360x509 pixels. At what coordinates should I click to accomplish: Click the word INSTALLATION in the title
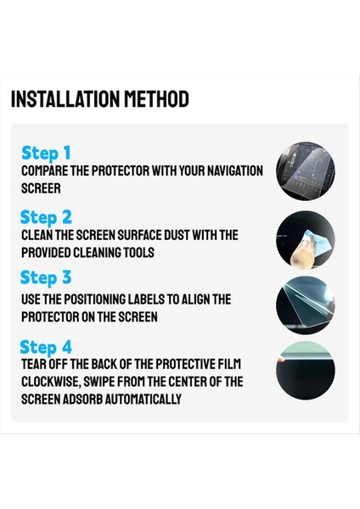[x=65, y=99]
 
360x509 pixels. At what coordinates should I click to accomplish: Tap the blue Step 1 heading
[x=46, y=154]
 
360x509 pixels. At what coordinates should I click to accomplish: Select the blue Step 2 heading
[x=46, y=217]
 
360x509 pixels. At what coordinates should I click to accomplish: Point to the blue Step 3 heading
[x=46, y=278]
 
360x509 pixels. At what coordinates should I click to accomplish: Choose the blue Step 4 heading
[x=46, y=347]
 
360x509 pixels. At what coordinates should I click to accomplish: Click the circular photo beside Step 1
[x=306, y=171]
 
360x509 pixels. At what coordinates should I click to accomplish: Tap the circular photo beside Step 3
[x=306, y=305]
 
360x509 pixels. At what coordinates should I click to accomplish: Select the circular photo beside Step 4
[x=306, y=371]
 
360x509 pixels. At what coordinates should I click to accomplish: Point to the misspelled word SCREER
[x=41, y=188]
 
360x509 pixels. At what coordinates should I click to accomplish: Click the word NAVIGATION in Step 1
[x=235, y=171]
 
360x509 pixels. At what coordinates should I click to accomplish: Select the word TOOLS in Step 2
[x=139, y=253]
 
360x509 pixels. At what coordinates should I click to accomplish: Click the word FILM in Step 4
[x=230, y=364]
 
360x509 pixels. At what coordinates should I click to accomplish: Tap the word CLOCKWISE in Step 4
[x=50, y=382]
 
